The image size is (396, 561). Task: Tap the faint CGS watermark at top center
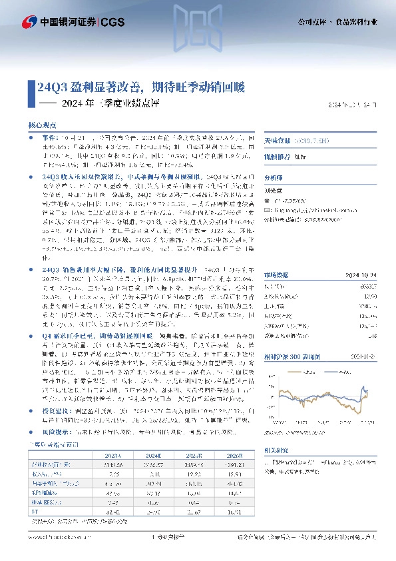pos(198,30)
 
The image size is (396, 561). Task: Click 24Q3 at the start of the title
pos(48,87)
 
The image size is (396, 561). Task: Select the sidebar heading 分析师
pos(274,178)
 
